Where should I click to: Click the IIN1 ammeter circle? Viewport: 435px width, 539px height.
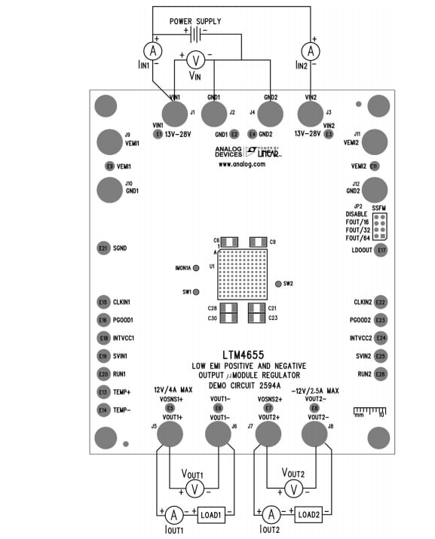click(153, 50)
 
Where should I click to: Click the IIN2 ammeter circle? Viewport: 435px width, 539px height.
click(308, 50)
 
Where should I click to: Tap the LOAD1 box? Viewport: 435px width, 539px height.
click(210, 516)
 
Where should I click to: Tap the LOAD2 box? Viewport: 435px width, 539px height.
click(309, 515)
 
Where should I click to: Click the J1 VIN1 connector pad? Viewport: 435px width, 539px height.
click(175, 114)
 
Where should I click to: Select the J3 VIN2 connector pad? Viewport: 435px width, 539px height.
click(308, 114)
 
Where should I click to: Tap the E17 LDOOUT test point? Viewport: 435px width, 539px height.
click(381, 250)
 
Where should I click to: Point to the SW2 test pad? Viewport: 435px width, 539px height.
click(279, 284)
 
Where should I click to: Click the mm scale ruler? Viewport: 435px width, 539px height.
click(369, 411)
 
